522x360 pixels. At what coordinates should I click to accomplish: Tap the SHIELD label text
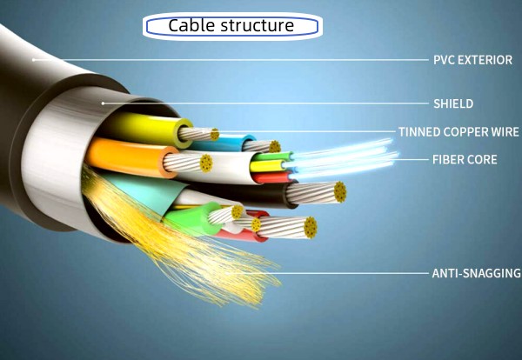pos(453,103)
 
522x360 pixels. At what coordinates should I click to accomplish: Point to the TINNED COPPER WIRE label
pos(458,132)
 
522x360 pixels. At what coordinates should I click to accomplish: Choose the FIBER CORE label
pos(465,160)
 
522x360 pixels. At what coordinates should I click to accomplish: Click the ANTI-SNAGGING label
pos(476,273)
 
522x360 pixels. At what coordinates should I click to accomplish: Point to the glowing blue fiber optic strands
pos(348,157)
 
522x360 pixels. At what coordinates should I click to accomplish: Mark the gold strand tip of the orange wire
pos(206,163)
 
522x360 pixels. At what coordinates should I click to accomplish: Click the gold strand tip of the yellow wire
pos(214,134)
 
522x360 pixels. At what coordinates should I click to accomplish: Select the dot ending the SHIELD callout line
pos(103,103)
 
